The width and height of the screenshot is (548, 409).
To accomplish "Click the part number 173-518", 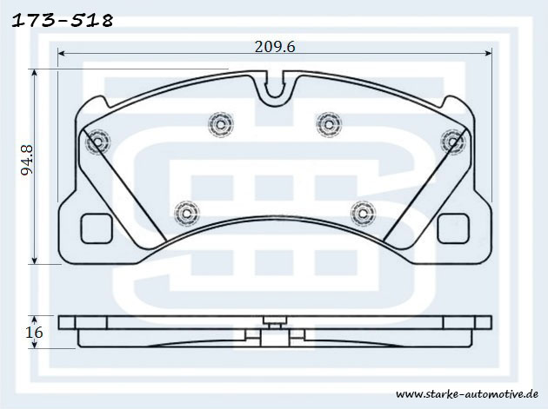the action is tap(63, 21).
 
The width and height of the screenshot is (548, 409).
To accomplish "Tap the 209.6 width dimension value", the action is tap(275, 46).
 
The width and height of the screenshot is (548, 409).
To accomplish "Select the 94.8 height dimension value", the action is tap(27, 160).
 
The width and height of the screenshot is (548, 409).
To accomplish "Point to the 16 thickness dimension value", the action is tap(34, 333).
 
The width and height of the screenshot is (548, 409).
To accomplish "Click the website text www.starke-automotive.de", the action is tap(467, 394).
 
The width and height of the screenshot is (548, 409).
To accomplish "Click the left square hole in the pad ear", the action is tap(97, 228).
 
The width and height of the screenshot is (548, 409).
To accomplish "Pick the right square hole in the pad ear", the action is tap(453, 228).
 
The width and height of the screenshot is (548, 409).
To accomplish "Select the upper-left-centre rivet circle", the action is tap(221, 124).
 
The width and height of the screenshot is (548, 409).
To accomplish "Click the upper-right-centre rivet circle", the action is tap(329, 124).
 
